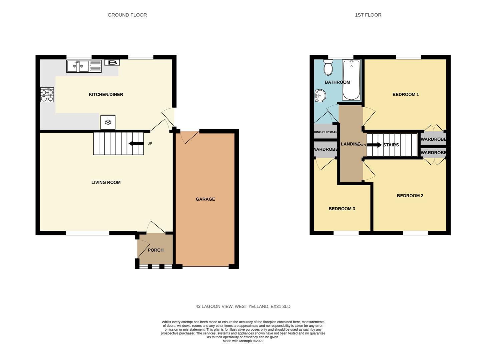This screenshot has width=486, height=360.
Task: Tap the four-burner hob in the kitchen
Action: (x=47, y=95)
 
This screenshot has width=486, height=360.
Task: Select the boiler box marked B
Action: (x=112, y=63)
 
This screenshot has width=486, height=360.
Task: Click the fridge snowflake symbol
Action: (x=108, y=122)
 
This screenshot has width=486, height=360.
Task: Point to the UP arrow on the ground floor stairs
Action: (x=136, y=144)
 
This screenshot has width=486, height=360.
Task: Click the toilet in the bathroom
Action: (x=328, y=68)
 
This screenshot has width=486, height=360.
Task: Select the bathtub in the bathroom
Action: (x=351, y=80)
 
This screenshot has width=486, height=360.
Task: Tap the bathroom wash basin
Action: (x=320, y=96)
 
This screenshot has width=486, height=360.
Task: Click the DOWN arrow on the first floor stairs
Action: (x=374, y=145)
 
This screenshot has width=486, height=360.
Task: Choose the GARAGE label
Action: (x=205, y=199)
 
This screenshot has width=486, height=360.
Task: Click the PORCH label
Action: (x=155, y=250)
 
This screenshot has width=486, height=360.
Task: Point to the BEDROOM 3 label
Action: (x=342, y=209)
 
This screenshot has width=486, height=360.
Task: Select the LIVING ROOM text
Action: (x=106, y=182)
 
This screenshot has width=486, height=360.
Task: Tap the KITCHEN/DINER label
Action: (x=106, y=95)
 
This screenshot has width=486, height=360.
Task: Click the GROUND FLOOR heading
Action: (x=127, y=15)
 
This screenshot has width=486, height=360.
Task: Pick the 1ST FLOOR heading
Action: (x=368, y=15)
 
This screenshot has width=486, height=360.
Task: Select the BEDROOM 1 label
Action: (x=405, y=95)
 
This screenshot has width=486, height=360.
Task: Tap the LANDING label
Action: (x=350, y=144)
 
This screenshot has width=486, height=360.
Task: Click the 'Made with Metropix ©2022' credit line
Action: (x=243, y=341)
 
